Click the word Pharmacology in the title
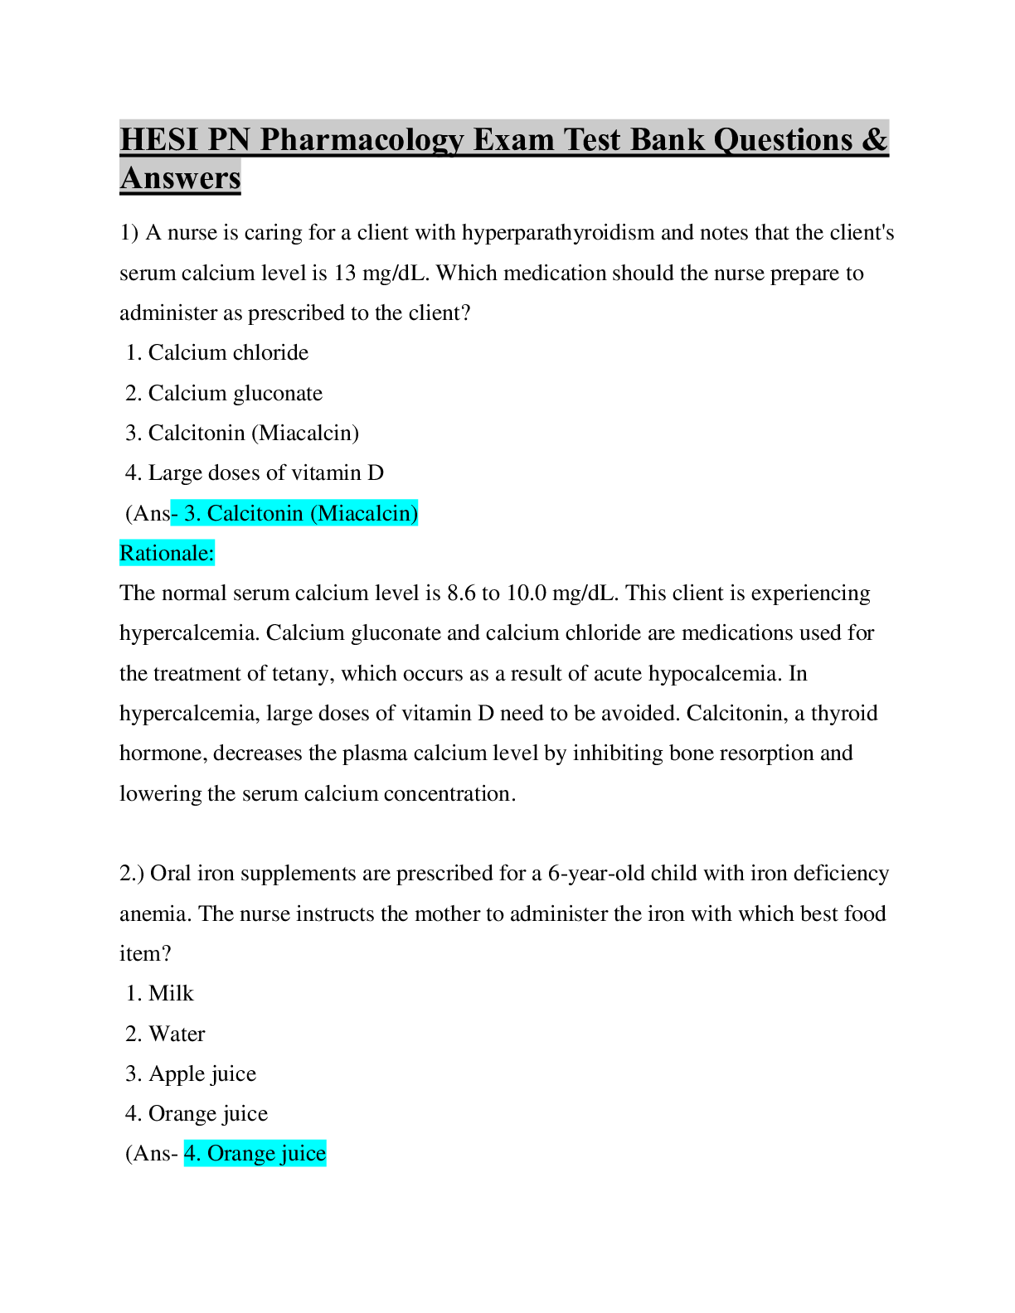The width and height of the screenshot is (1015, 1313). click(x=362, y=140)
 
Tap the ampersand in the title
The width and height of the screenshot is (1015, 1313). click(x=874, y=139)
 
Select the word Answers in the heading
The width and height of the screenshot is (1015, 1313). click(x=181, y=178)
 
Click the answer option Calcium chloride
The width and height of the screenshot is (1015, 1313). click(x=228, y=353)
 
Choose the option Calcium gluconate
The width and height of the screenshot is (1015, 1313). click(x=236, y=393)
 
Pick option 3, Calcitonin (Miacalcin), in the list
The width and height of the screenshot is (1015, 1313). click(x=253, y=433)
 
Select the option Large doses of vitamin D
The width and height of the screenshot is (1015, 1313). click(x=265, y=473)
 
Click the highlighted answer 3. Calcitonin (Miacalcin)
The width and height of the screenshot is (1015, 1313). click(x=300, y=513)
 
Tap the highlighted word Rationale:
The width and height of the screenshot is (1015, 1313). click(x=167, y=553)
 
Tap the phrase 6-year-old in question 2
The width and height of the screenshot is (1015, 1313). click(x=596, y=874)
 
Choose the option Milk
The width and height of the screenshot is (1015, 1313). click(x=171, y=994)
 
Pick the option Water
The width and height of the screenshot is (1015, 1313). click(x=177, y=1034)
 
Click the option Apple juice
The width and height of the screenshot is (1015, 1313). click(x=202, y=1074)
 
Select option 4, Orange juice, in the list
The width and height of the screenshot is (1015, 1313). click(x=208, y=1114)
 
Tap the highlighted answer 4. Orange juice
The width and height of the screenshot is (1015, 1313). click(x=255, y=1154)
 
